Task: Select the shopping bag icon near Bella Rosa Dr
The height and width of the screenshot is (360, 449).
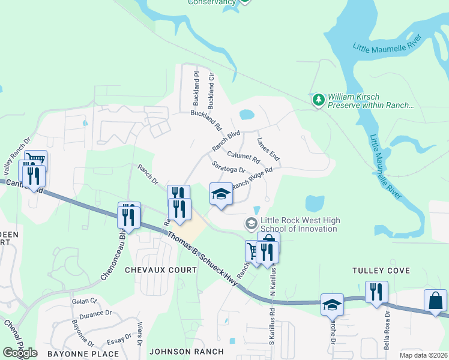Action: tap(435, 301)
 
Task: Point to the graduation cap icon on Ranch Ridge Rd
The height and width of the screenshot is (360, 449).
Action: tap(221, 194)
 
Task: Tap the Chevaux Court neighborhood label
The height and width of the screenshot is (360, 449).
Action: tap(160, 270)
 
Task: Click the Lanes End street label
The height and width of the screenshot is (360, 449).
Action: tap(268, 149)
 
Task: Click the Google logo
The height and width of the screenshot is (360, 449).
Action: tap(20, 353)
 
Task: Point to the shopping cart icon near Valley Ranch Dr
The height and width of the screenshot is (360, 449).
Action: tap(35, 160)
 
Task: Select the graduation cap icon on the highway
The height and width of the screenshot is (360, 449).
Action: tap(332, 305)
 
